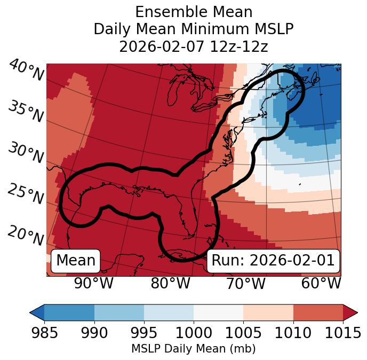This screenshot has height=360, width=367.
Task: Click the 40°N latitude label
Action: [x=26, y=71]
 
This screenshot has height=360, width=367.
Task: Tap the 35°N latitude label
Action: [x=26, y=112]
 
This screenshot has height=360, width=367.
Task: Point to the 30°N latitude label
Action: [x=26, y=153]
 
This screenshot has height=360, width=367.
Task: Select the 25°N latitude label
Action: [x=26, y=194]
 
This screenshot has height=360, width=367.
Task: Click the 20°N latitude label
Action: [x=26, y=236]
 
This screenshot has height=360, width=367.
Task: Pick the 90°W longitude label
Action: [x=94, y=283]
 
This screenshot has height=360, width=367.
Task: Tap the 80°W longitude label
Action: [x=170, y=283]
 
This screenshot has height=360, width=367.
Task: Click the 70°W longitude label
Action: [x=246, y=283]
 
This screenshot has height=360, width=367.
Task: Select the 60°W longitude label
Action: [x=321, y=283]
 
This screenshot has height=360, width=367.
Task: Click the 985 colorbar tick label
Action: [x=44, y=333]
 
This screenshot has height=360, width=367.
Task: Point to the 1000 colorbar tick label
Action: [x=194, y=333]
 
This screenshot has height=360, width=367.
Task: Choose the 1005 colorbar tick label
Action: [x=243, y=333]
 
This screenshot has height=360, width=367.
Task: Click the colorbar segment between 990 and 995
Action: [x=119, y=312]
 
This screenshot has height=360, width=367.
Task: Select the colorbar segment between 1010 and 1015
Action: [x=318, y=312]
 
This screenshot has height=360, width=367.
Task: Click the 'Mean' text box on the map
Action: [x=76, y=261]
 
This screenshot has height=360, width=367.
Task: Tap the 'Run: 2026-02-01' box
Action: [x=273, y=261]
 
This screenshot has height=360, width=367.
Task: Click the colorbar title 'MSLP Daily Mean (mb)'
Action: [x=193, y=349]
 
